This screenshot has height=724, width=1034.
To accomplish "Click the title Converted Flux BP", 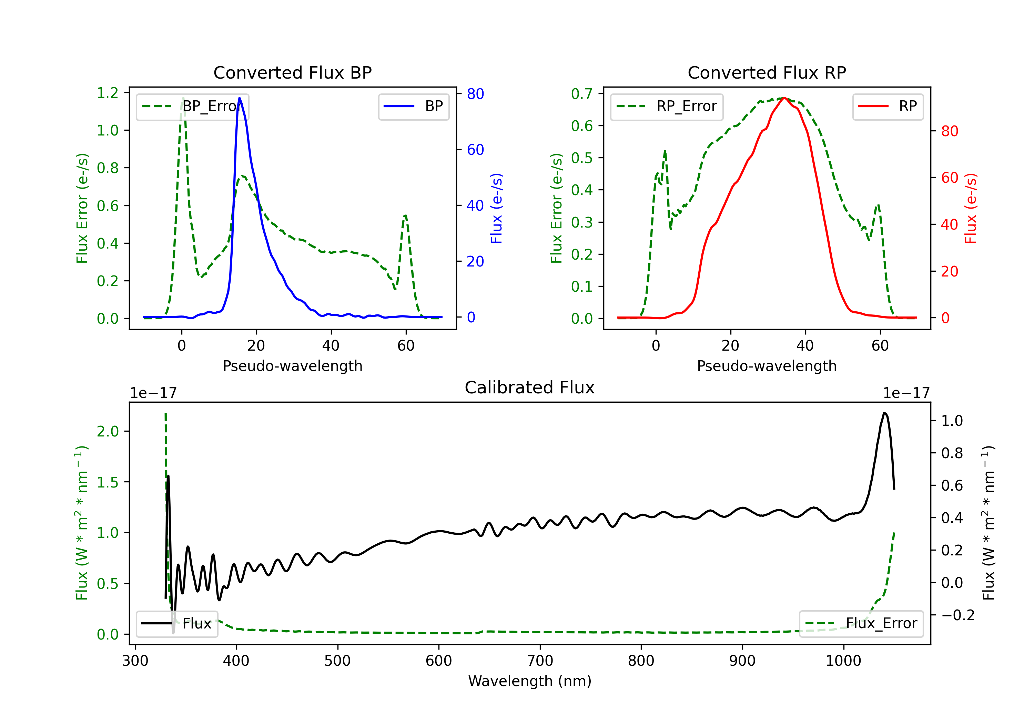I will click(292, 72).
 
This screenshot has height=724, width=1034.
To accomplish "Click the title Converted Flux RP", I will click(767, 72).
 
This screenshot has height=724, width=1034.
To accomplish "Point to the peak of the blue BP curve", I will click(240, 98).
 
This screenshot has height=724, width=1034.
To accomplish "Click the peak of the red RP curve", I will click(784, 98).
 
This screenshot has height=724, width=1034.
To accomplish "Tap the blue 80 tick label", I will click(475, 94).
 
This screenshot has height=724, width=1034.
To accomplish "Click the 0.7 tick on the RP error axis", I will click(582, 94).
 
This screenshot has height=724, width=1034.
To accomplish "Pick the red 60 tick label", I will click(949, 178).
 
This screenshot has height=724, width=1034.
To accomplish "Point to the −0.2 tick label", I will click(957, 615).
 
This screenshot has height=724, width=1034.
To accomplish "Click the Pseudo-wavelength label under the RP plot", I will click(767, 366).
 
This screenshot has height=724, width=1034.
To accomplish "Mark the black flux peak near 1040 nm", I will click(884, 413).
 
